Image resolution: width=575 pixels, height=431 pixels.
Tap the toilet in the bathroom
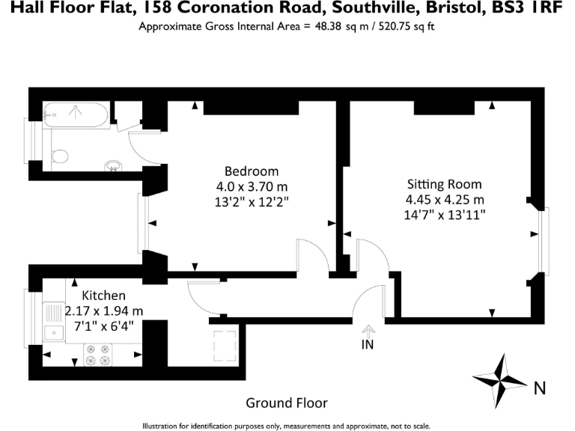pos(59,156)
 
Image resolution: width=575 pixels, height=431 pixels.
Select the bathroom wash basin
pos(113,165)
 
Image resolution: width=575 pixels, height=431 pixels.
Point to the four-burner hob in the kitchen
pos(97,355)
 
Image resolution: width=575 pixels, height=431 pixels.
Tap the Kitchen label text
pos(103,296)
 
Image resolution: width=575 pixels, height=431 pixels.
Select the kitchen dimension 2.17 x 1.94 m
pos(104,311)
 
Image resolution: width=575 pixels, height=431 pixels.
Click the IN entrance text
pos(368,345)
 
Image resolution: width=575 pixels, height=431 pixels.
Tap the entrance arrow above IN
pos(368,329)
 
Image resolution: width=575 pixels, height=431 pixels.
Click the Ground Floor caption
pos(287,403)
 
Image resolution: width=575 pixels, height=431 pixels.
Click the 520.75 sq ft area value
pos(405,27)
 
